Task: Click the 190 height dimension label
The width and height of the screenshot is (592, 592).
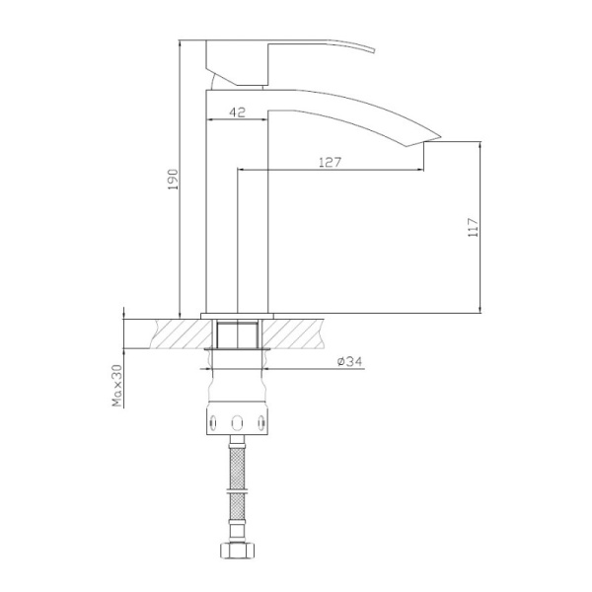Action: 170,179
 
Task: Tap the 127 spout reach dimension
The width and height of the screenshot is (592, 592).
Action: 330,162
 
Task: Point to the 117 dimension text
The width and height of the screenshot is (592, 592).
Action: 473,228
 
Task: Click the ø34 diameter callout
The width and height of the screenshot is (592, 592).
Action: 350,362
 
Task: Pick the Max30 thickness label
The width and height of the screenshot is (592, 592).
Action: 116,384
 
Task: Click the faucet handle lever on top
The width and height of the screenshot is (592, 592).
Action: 296,54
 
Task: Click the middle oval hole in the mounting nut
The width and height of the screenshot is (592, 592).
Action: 236,422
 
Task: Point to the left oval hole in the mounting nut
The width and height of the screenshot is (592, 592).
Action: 211,422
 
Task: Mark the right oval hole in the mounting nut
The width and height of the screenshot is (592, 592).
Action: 261,422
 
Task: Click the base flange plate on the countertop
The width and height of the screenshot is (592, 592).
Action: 236,317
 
